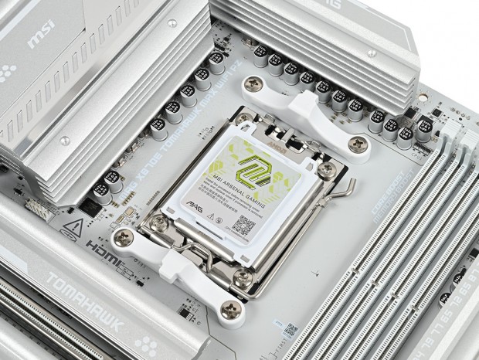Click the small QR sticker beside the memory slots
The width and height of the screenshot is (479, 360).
click(290, 328)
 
